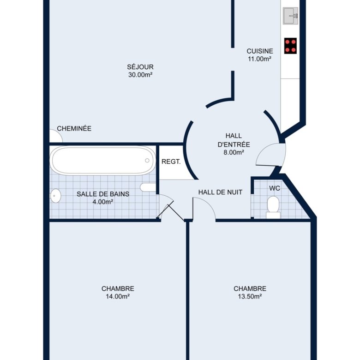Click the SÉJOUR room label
click(x=140, y=67)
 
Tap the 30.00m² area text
click(x=140, y=75)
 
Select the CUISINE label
click(x=260, y=51)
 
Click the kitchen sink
click(x=290, y=16)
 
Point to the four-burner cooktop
click(x=290, y=46)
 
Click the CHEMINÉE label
click(x=74, y=128)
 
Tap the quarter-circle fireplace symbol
click(x=56, y=136)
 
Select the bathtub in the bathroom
click(x=102, y=161)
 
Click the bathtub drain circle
click(x=147, y=161)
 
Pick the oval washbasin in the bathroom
click(x=55, y=196)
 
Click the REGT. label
click(x=171, y=162)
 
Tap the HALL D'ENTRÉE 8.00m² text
click(x=234, y=144)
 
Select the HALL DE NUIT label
click(x=221, y=192)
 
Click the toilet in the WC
click(x=273, y=207)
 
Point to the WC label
click(x=275, y=188)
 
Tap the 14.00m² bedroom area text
click(x=118, y=296)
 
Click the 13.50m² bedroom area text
click(x=250, y=296)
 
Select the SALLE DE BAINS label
click(x=103, y=194)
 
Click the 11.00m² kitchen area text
click(x=260, y=59)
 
